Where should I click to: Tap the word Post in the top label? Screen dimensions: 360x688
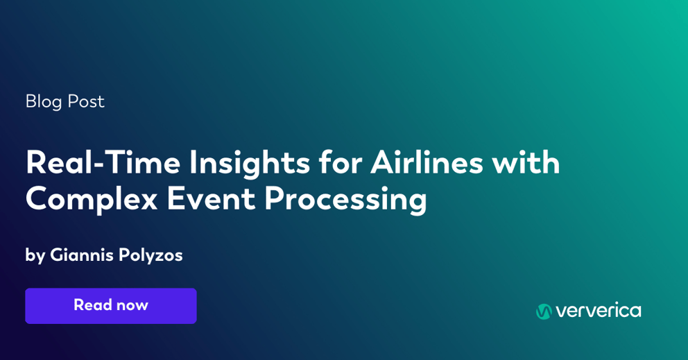[86, 101]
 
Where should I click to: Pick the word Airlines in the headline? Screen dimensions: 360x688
[426, 162]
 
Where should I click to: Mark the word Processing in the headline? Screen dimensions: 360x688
[345, 200]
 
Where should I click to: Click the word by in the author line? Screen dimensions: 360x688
[35, 255]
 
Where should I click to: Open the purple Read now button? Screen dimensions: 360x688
[111, 306]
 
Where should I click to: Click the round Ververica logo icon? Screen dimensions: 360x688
[544, 311]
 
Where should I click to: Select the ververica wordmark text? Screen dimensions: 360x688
[598, 311]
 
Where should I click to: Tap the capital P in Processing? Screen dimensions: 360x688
[273, 199]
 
